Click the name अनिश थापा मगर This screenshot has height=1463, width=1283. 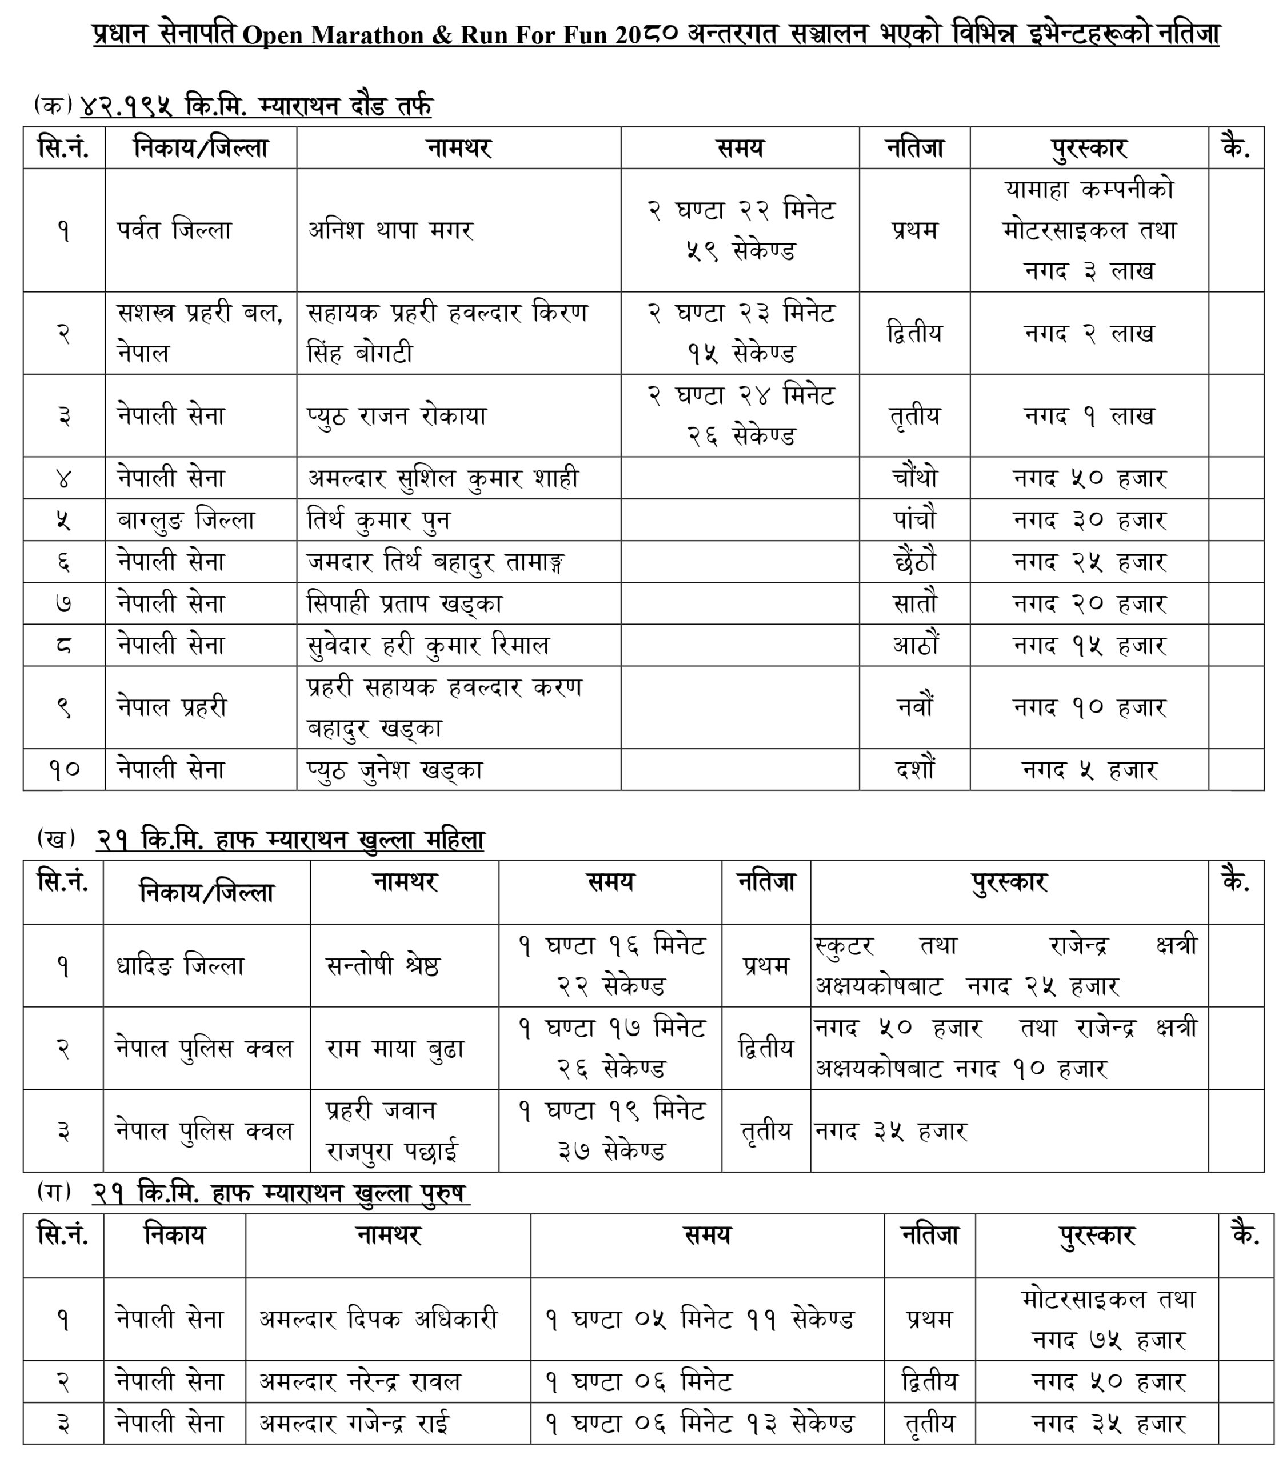coord(390,230)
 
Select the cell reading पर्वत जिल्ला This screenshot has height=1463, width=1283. coord(174,230)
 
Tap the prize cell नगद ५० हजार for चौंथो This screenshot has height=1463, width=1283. coord(1089,478)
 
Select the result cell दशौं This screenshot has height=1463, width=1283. coord(914,769)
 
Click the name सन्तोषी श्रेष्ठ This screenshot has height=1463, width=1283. coord(383,966)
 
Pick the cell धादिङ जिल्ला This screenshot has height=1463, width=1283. coord(181,966)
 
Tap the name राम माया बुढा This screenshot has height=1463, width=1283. coord(395,1049)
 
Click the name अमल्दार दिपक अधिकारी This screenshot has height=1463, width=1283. coord(378,1318)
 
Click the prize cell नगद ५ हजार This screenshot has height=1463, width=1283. coord(1089,769)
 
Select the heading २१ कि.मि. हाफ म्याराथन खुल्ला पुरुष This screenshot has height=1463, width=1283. coord(281,1193)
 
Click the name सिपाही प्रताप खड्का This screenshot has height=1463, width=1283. coord(405,603)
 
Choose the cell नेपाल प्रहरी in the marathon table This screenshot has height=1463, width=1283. coord(172,707)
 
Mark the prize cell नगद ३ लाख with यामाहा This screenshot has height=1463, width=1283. coord(1089,230)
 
